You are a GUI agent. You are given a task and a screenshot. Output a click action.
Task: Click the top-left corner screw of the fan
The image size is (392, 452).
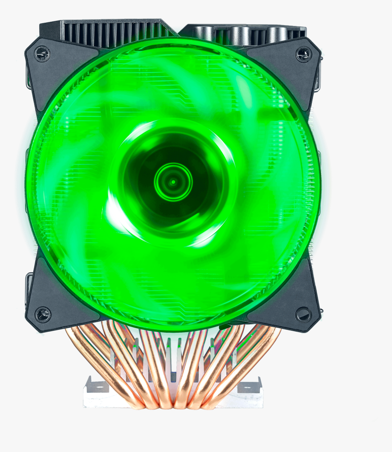pos(43,55)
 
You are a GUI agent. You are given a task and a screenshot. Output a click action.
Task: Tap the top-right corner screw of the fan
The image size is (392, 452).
pos(304,55)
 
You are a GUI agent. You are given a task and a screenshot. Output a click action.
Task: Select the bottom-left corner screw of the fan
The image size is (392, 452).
pos(43,314)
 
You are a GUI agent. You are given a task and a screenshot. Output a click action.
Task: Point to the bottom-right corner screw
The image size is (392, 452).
pos(304,314)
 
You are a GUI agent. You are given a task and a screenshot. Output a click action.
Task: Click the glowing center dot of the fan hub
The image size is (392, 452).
pos(173,182)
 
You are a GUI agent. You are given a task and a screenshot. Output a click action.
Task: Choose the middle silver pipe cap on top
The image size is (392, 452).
pos(241,34)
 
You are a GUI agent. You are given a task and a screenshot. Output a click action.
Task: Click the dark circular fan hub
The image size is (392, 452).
pos(173,182)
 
